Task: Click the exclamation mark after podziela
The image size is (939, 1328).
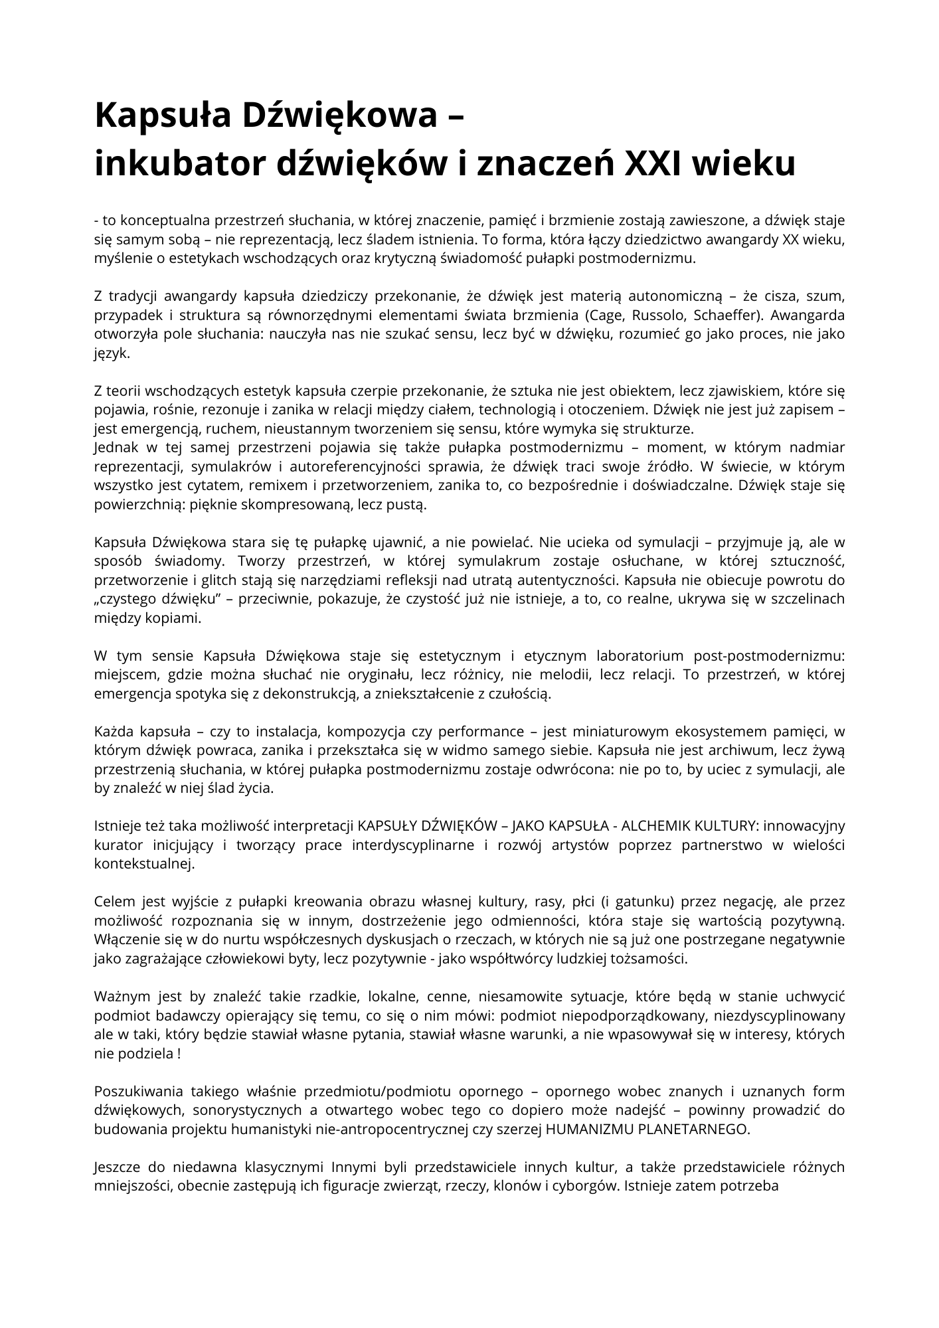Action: (x=179, y=1054)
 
